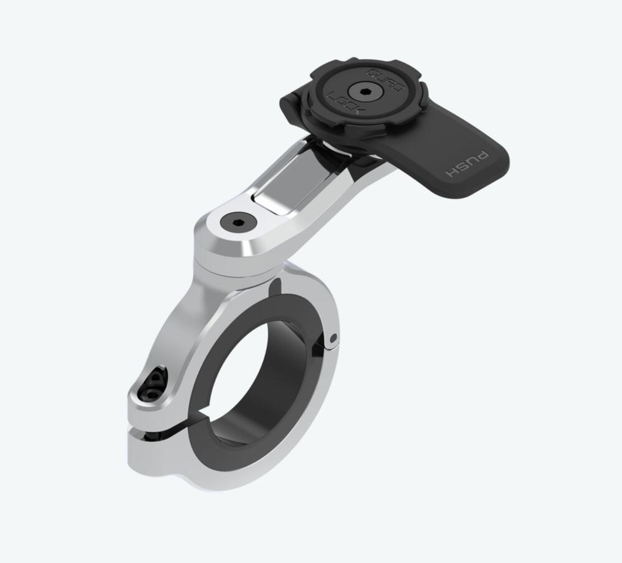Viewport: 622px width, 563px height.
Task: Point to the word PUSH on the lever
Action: click(468, 163)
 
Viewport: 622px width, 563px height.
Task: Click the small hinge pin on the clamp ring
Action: click(335, 337)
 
